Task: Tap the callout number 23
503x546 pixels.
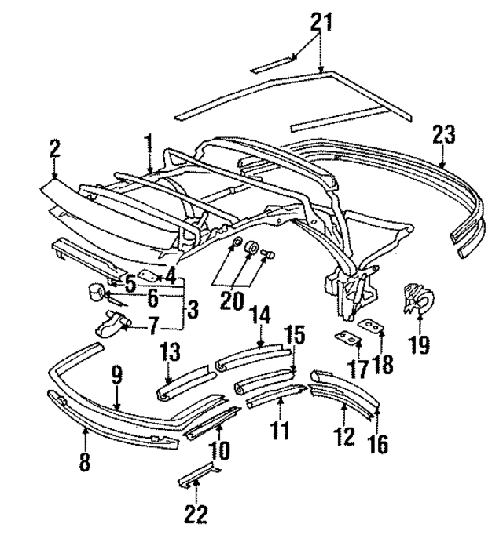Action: click(442, 134)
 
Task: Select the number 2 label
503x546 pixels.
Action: click(54, 148)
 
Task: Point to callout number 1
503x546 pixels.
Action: click(147, 144)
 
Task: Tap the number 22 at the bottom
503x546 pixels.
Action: click(196, 515)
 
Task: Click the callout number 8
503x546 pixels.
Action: click(85, 461)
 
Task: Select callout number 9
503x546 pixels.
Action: click(116, 377)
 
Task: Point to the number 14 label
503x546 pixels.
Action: click(261, 317)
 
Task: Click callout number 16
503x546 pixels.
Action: click(377, 445)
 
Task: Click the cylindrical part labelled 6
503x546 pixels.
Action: click(97, 291)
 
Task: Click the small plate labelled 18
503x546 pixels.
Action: click(369, 326)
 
